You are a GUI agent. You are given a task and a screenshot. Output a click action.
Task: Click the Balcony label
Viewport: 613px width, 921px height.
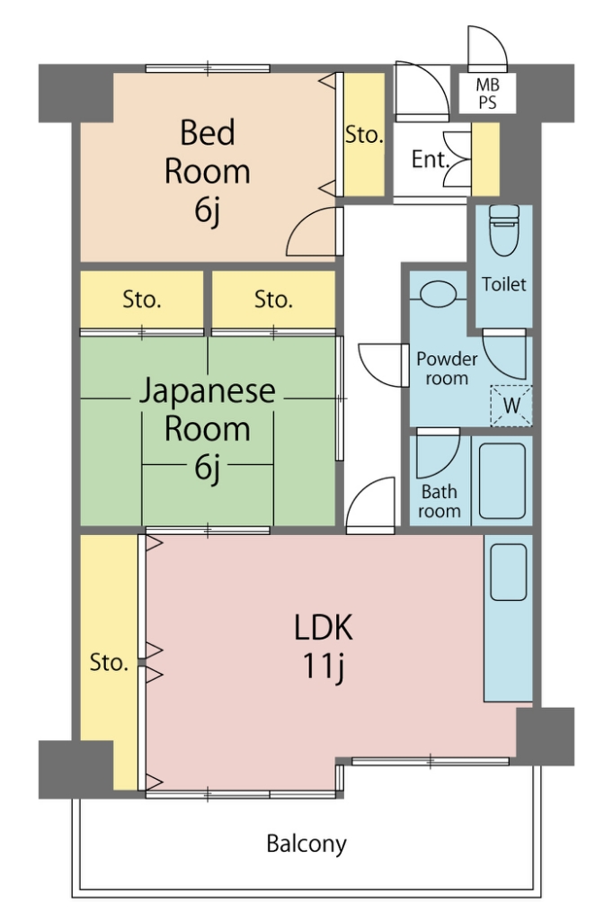pyautogui.click(x=306, y=844)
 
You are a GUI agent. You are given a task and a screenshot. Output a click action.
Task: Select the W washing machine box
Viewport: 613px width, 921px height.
pyautogui.click(x=511, y=406)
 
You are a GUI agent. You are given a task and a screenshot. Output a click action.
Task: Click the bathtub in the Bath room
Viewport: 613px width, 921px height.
pyautogui.click(x=502, y=481)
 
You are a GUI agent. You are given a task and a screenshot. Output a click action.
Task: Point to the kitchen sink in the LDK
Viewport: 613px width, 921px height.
pyautogui.click(x=509, y=572)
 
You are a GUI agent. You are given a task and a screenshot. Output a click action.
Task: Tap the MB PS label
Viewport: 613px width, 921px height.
pyautogui.click(x=487, y=94)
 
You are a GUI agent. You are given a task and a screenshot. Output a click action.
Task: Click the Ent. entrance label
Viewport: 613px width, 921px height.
pyautogui.click(x=430, y=159)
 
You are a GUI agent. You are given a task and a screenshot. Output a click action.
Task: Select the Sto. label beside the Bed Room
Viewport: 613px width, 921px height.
pyautogui.click(x=364, y=135)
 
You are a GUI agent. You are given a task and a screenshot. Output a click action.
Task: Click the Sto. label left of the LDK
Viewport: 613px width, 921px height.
pyautogui.click(x=109, y=663)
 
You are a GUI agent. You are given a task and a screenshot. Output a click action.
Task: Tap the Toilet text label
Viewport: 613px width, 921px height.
pyautogui.click(x=503, y=284)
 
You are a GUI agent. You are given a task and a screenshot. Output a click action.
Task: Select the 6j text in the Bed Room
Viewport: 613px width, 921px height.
pyautogui.click(x=208, y=210)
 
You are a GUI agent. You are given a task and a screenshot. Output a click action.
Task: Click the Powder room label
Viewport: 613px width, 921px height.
pyautogui.click(x=447, y=368)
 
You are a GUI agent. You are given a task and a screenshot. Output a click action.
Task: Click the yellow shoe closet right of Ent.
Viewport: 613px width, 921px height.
pyautogui.click(x=485, y=159)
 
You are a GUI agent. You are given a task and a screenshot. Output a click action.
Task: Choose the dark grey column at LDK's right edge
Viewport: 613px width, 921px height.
pyautogui.click(x=545, y=737)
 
